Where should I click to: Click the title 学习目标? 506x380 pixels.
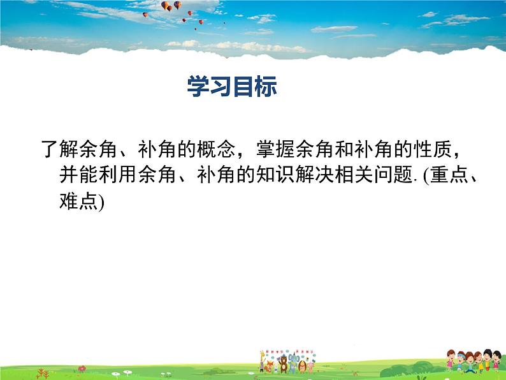coord(232,87)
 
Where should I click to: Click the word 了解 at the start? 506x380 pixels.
coord(59,150)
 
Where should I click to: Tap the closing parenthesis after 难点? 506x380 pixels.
coord(99,203)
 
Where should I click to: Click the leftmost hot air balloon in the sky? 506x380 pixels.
coord(145,15)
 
